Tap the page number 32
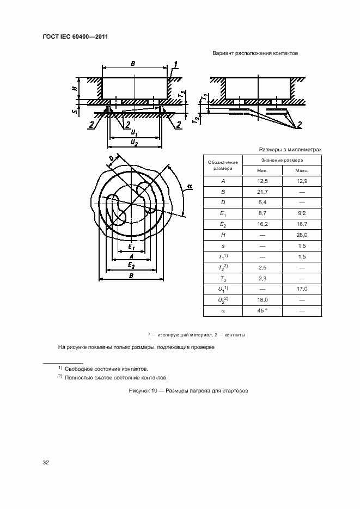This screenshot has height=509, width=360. [x=46, y=462]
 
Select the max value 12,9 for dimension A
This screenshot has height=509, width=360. [x=302, y=181]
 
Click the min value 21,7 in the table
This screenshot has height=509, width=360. [x=263, y=192]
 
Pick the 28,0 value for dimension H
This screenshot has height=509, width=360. [x=302, y=235]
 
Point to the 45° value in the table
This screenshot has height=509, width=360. [x=263, y=310]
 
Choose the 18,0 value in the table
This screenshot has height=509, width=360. [x=263, y=299]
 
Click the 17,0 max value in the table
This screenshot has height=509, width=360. [x=302, y=289]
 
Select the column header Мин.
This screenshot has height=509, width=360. [x=263, y=170]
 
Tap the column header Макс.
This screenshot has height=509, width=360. [x=302, y=170]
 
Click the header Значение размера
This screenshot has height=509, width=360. [x=282, y=160]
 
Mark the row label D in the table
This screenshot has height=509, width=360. [x=223, y=203]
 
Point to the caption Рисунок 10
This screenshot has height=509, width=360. [x=188, y=391]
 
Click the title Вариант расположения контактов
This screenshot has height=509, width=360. [x=254, y=53]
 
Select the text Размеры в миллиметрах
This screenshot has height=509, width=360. [x=290, y=149]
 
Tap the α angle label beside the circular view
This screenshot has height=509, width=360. [x=189, y=187]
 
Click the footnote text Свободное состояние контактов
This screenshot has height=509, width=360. [x=106, y=369]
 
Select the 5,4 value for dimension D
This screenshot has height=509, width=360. [x=263, y=203]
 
